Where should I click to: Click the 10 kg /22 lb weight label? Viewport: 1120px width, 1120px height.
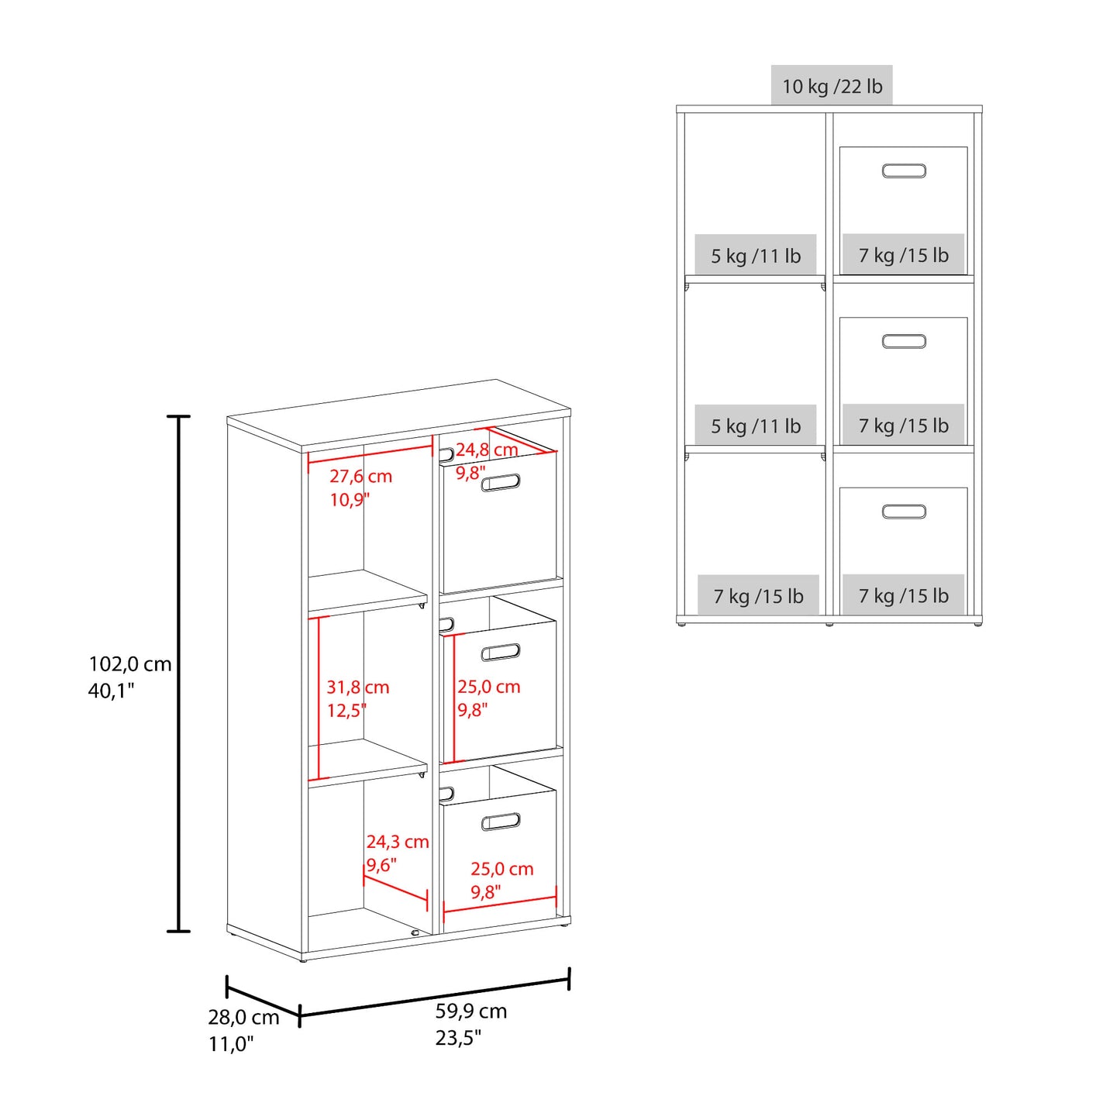(x=832, y=86)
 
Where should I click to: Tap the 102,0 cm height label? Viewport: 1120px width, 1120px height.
(x=129, y=663)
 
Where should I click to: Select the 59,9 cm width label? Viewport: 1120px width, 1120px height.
(x=470, y=1011)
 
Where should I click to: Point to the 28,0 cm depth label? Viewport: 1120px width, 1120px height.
(x=243, y=1017)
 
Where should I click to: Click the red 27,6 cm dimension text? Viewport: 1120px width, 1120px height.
(x=360, y=476)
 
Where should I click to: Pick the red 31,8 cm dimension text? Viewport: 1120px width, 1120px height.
(x=357, y=687)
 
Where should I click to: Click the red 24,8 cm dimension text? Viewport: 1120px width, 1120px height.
(x=487, y=450)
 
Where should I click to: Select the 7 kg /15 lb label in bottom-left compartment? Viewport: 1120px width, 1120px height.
(x=759, y=596)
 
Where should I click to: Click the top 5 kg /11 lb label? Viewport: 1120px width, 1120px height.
(x=756, y=256)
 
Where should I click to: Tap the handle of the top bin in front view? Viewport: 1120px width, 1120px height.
(x=904, y=171)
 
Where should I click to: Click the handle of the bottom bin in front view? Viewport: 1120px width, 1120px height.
(x=904, y=512)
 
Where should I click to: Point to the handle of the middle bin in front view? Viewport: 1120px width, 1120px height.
(x=904, y=341)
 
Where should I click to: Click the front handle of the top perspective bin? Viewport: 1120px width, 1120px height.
(x=501, y=482)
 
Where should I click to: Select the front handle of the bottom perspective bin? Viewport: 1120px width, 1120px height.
(x=501, y=822)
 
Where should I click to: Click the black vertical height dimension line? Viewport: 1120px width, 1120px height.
(x=178, y=674)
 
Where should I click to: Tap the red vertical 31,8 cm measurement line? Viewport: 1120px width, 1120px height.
(x=319, y=698)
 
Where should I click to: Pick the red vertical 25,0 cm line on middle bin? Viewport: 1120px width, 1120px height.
(x=453, y=698)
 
